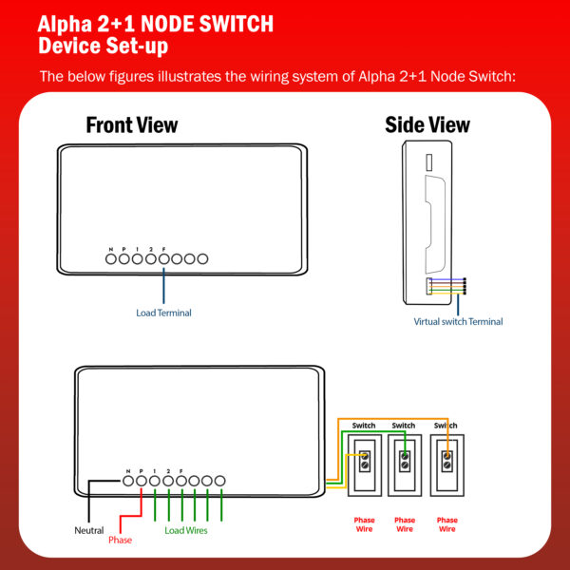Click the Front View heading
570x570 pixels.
tap(132, 125)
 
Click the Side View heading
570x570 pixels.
tap(427, 125)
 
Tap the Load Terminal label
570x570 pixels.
tap(163, 313)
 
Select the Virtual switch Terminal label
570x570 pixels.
tap(458, 322)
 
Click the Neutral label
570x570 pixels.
tap(89, 530)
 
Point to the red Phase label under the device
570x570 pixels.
tap(121, 541)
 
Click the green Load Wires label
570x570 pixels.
tap(186, 530)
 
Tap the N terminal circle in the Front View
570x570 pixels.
tap(111, 259)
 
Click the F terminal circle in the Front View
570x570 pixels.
tap(164, 259)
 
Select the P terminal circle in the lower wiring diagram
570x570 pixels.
tap(142, 481)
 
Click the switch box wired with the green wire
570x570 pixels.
tap(405, 465)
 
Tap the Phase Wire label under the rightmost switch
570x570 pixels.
tap(447, 524)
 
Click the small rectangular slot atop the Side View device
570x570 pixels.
tap(429, 162)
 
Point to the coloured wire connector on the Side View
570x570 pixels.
tap(446, 287)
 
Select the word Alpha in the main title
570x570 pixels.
tap(65, 25)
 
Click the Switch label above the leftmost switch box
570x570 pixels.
tap(364, 426)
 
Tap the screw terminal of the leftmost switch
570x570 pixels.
tap(365, 461)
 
